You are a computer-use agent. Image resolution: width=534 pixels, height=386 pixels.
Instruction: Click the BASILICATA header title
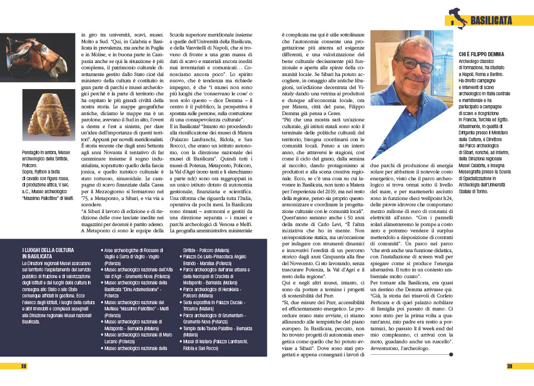point(491,20)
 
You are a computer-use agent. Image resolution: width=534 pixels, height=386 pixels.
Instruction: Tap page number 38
point(23,366)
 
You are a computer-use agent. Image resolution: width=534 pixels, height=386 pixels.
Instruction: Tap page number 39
point(510,366)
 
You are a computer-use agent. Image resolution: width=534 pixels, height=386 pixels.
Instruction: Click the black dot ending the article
point(451,355)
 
